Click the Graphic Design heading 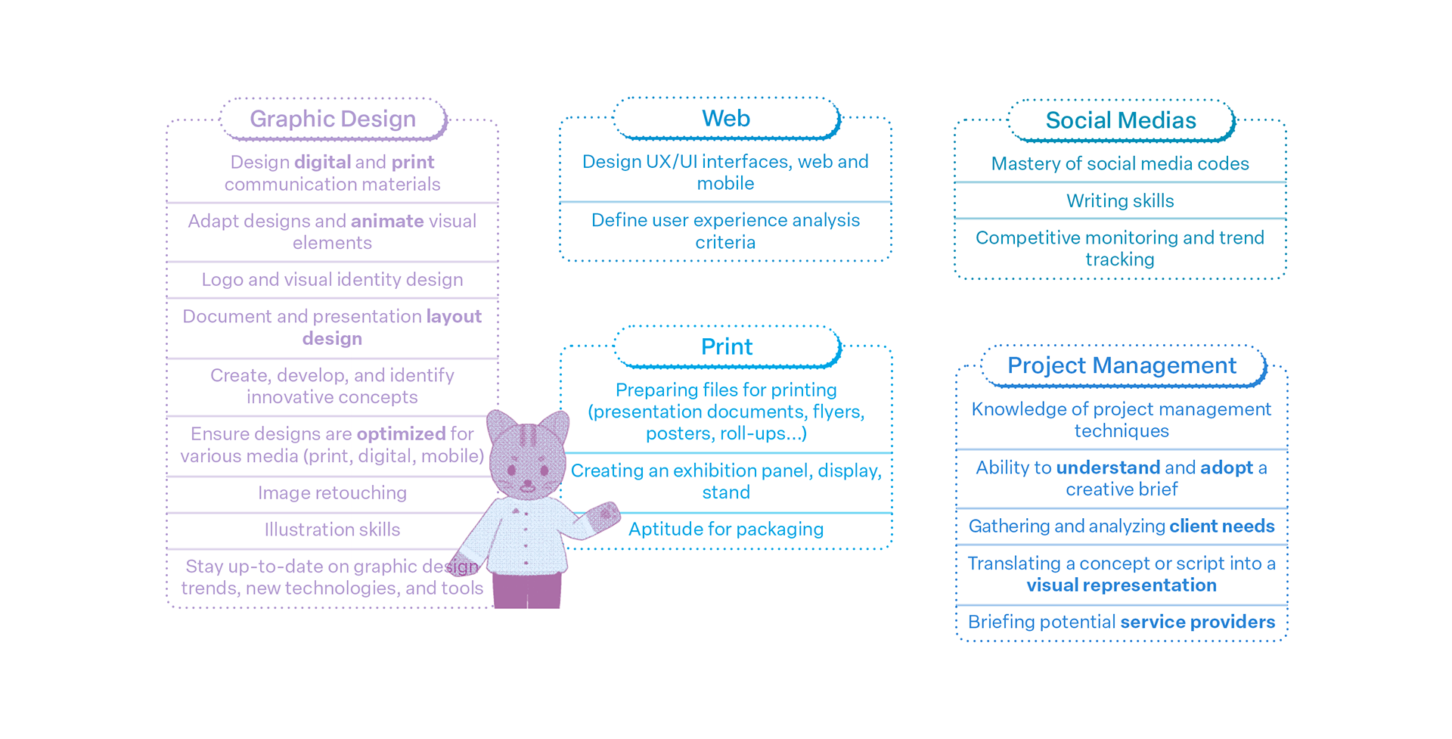333,119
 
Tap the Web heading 726,119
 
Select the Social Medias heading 1121,120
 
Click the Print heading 727,346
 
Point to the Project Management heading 1122,365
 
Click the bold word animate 387,221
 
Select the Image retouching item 332,493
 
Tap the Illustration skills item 332,529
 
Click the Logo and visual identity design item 332,280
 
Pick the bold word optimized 401,433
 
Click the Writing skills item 1120,201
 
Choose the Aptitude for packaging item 726,529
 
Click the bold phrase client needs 1221,526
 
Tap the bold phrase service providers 1197,622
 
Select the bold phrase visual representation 1122,585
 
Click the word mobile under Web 725,184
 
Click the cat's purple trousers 527,590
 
